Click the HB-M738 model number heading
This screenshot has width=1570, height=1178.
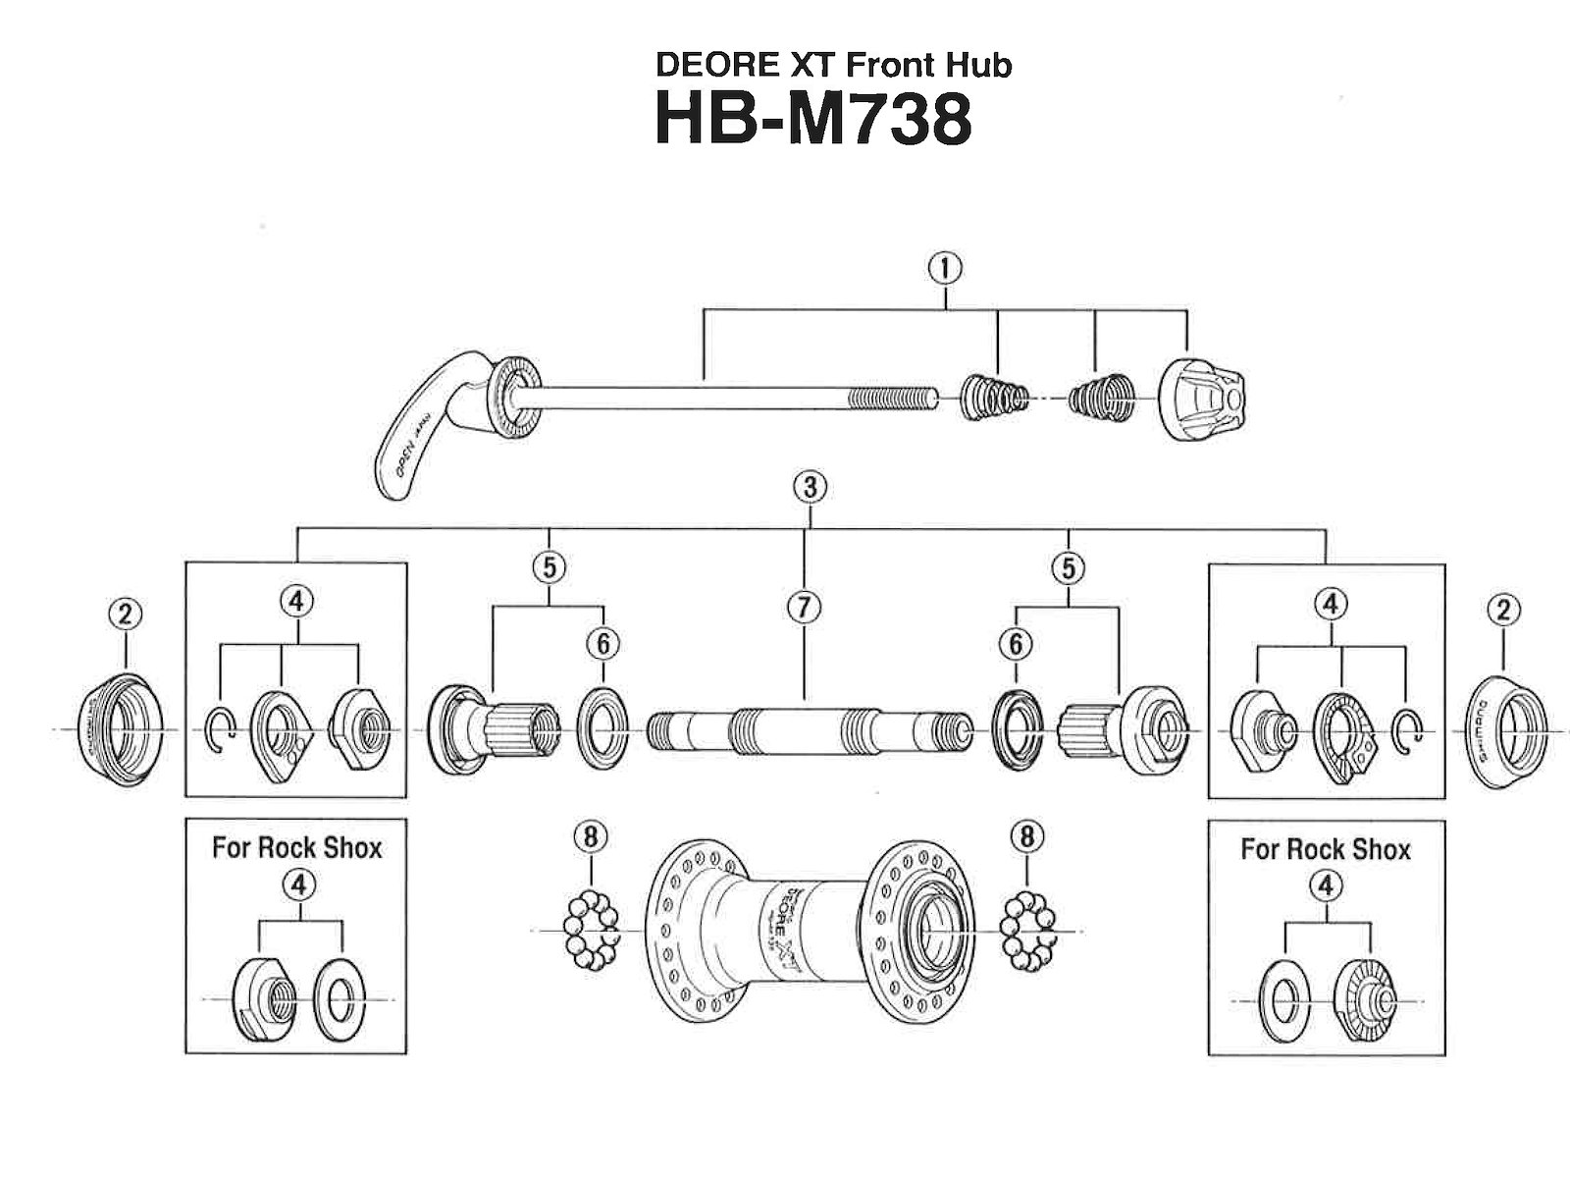[x=813, y=120]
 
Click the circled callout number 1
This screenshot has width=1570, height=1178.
[x=946, y=268]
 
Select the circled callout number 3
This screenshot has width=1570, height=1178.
[x=810, y=487]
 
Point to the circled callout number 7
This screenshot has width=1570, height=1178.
[x=804, y=608]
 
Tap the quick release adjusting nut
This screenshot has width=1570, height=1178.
[x=1202, y=399]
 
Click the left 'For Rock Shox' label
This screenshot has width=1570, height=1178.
[x=296, y=847]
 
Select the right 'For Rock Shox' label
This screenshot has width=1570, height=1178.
[x=1325, y=849]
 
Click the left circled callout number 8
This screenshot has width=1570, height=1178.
[x=590, y=836]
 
